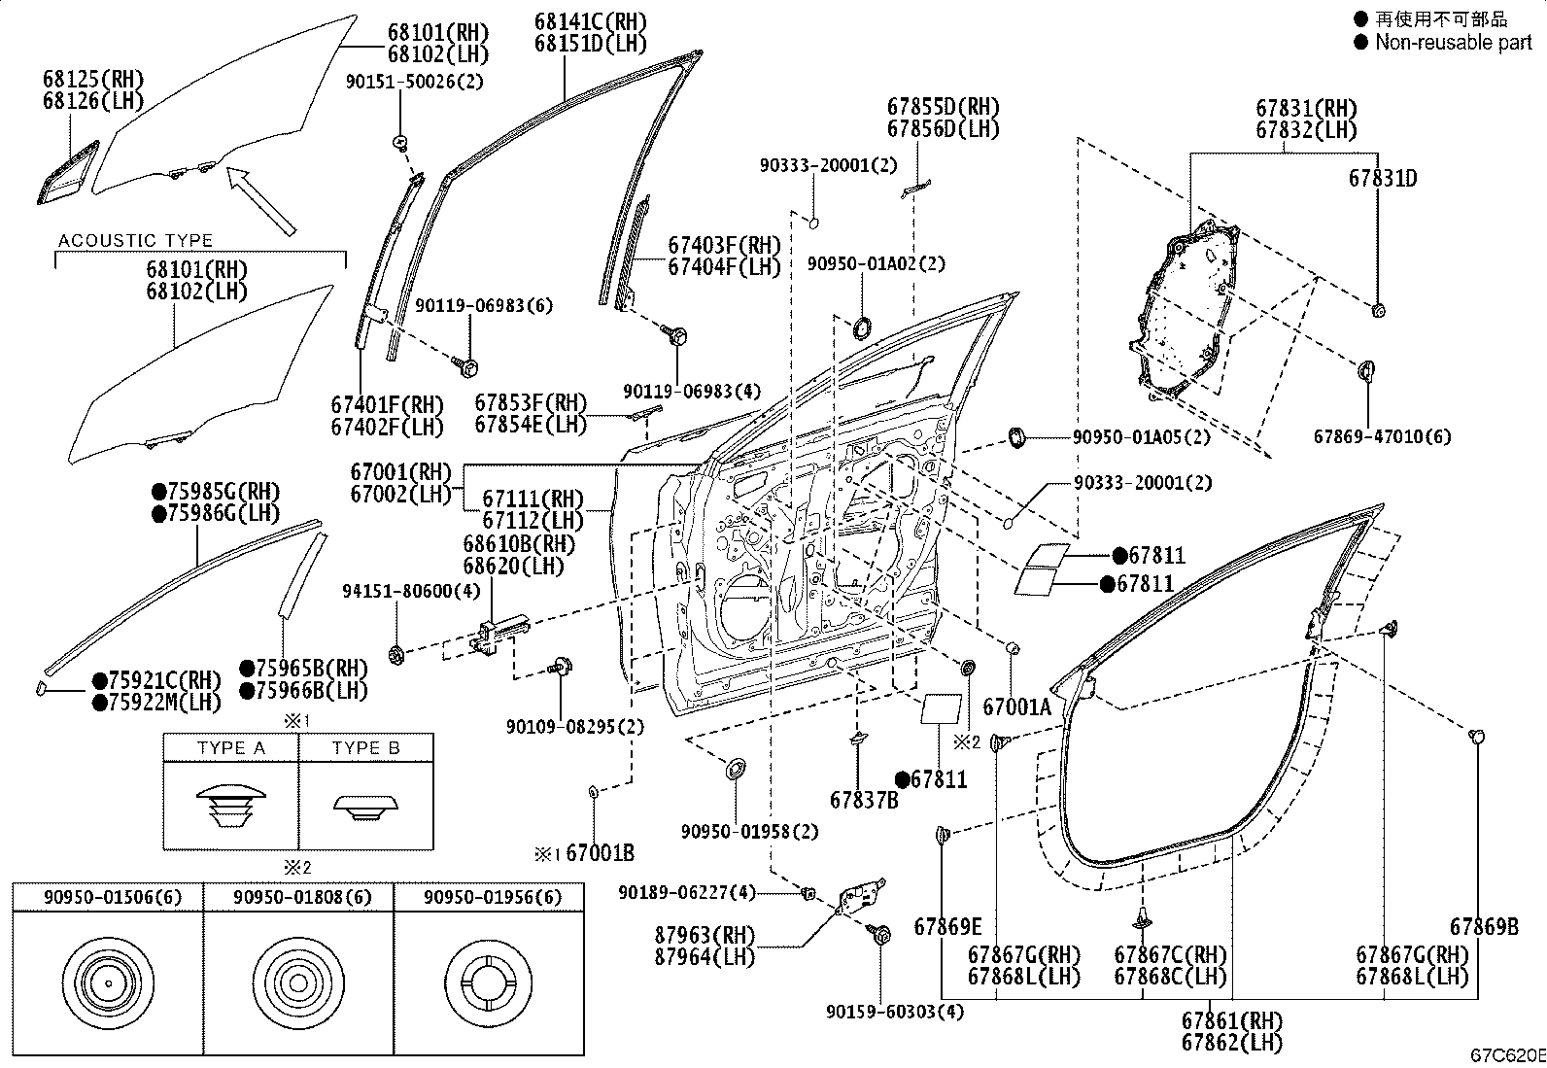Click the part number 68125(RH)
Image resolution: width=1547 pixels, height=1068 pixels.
click(93, 79)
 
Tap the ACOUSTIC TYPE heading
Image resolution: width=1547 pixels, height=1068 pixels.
click(135, 240)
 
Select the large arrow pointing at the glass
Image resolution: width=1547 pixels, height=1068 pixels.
click(261, 201)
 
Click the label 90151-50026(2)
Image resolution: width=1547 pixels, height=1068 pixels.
click(414, 82)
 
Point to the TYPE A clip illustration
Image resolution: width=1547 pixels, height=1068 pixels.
click(230, 806)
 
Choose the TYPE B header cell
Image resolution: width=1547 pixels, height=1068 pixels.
click(366, 747)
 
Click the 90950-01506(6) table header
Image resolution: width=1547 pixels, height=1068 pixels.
click(113, 897)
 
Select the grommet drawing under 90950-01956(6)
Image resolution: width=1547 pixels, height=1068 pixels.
click(489, 982)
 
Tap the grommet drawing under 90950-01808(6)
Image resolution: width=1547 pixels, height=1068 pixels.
click(298, 982)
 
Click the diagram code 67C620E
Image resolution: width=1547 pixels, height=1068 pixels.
click(1507, 1055)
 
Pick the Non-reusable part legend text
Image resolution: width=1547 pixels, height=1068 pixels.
click(1453, 42)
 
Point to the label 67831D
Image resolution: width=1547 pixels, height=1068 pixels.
click(1383, 178)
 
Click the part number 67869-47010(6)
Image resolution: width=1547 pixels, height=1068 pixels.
click(1382, 436)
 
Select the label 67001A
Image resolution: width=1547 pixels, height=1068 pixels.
click(1016, 706)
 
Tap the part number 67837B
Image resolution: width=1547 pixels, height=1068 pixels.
click(864, 800)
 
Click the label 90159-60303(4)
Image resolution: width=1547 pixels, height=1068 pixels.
click(894, 1012)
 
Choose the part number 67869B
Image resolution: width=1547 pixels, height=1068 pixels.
click(1484, 926)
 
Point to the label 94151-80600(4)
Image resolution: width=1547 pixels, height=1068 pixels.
click(411, 592)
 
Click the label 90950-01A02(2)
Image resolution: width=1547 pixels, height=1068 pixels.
click(877, 263)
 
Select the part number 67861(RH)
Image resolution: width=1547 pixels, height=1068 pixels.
click(1231, 1020)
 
